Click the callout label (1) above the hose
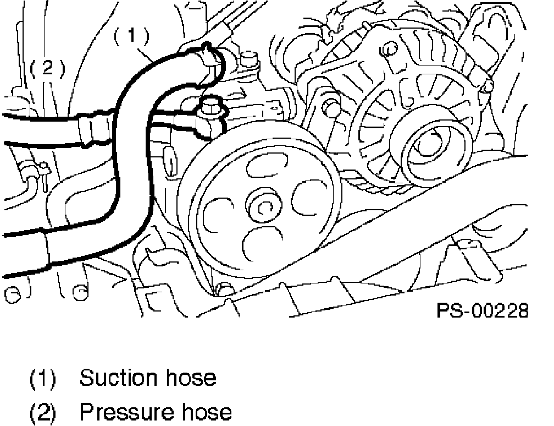point(131,37)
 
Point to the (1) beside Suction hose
point(43,379)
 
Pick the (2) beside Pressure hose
point(43,412)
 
